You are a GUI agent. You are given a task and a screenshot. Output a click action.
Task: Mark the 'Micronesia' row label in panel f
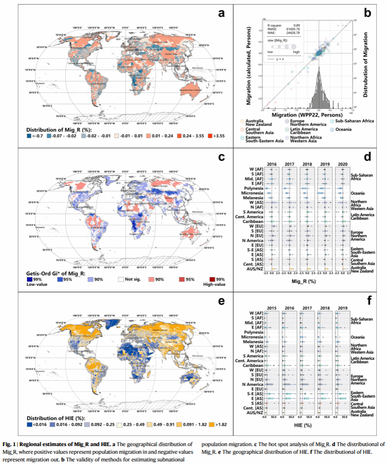point(251,337)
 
